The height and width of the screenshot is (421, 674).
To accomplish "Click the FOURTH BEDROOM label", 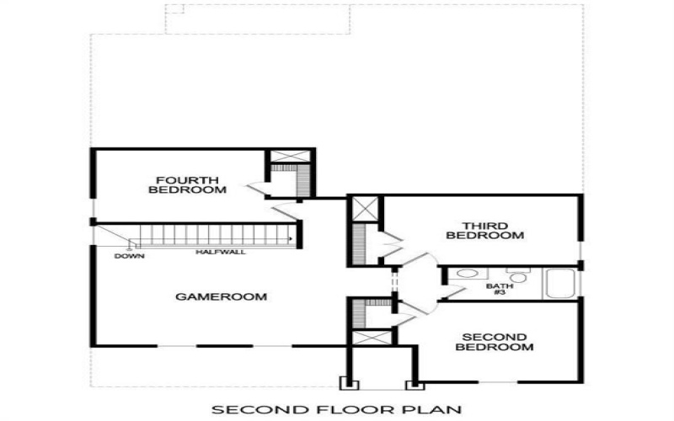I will [187, 185].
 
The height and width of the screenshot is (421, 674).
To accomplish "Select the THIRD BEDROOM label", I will [484, 231].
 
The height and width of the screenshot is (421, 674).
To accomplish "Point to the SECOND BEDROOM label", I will [497, 342].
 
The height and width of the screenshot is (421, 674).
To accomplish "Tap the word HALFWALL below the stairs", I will [221, 252].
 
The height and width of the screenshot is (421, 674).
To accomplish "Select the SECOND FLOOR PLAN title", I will [336, 410].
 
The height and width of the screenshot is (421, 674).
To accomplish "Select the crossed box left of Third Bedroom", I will [366, 209].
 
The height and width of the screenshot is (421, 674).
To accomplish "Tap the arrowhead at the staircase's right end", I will [292, 240].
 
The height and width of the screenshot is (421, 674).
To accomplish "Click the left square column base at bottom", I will [347, 385].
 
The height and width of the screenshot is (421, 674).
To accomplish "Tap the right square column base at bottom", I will [414, 385].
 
